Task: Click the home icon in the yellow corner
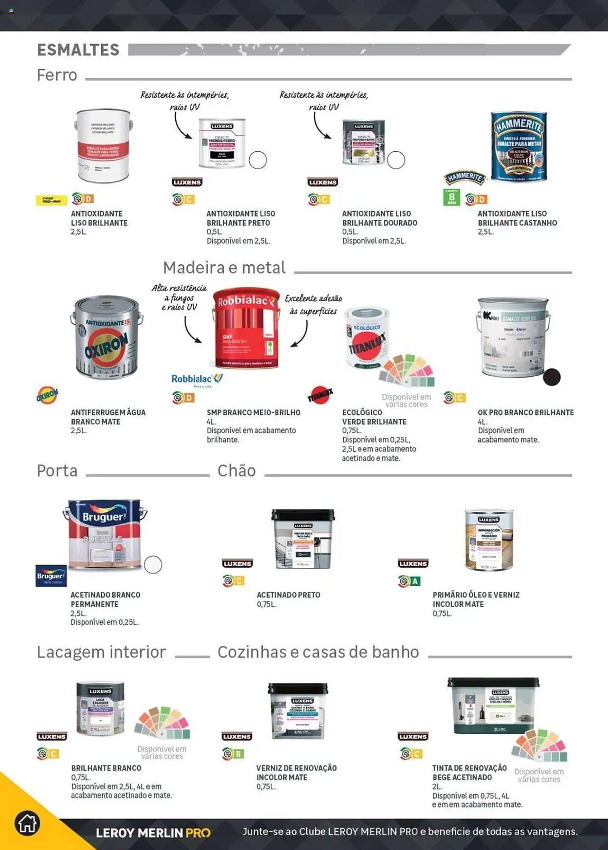point(27,824)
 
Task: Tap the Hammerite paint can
point(519,147)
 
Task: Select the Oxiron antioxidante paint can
point(106,338)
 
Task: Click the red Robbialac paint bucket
point(246,329)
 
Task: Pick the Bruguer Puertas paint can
point(105,534)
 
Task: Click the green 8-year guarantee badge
point(451,197)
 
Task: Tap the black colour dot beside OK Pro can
point(551,377)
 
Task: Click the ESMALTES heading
point(78,50)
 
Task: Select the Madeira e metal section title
point(224,268)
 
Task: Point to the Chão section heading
point(237,471)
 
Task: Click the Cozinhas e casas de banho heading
point(318,652)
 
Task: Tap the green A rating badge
point(415,581)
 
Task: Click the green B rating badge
point(238,754)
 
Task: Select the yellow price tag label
point(51,200)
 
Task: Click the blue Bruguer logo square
point(51,576)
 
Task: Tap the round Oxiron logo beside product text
point(47,395)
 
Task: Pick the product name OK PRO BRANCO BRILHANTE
point(525,412)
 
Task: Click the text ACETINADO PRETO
point(288,595)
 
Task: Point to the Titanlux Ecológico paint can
point(367,338)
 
